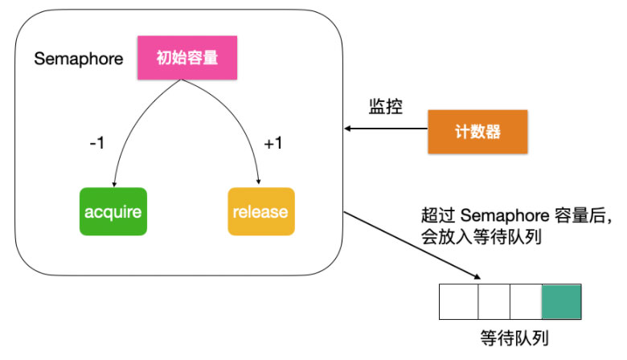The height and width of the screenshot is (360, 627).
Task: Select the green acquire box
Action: click(x=113, y=212)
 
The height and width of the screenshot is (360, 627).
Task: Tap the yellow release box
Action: click(x=260, y=212)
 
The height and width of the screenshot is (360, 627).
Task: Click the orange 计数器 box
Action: click(x=477, y=131)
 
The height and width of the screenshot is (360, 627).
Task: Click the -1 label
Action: click(x=98, y=145)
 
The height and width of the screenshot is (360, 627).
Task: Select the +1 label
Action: click(x=274, y=145)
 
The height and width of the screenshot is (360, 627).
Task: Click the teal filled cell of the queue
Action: click(x=561, y=301)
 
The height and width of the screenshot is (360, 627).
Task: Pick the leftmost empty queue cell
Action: click(x=459, y=301)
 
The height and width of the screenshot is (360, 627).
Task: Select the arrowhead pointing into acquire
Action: click(x=116, y=182)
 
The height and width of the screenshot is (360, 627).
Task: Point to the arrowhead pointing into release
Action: click(x=259, y=182)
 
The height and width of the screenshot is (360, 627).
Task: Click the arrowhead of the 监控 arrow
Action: click(x=348, y=129)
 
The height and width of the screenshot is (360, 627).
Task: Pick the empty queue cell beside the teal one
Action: click(x=526, y=301)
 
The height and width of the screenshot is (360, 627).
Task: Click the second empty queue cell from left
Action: click(x=494, y=301)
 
